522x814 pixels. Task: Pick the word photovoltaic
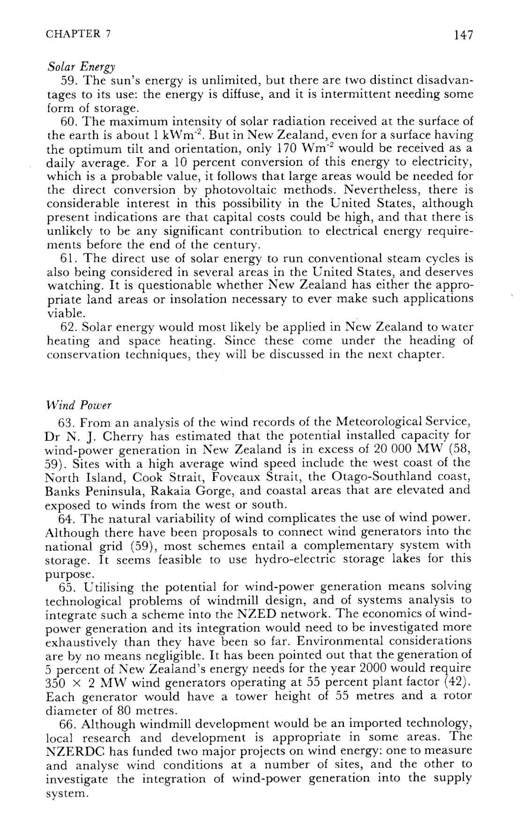pyautogui.click(x=239, y=190)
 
